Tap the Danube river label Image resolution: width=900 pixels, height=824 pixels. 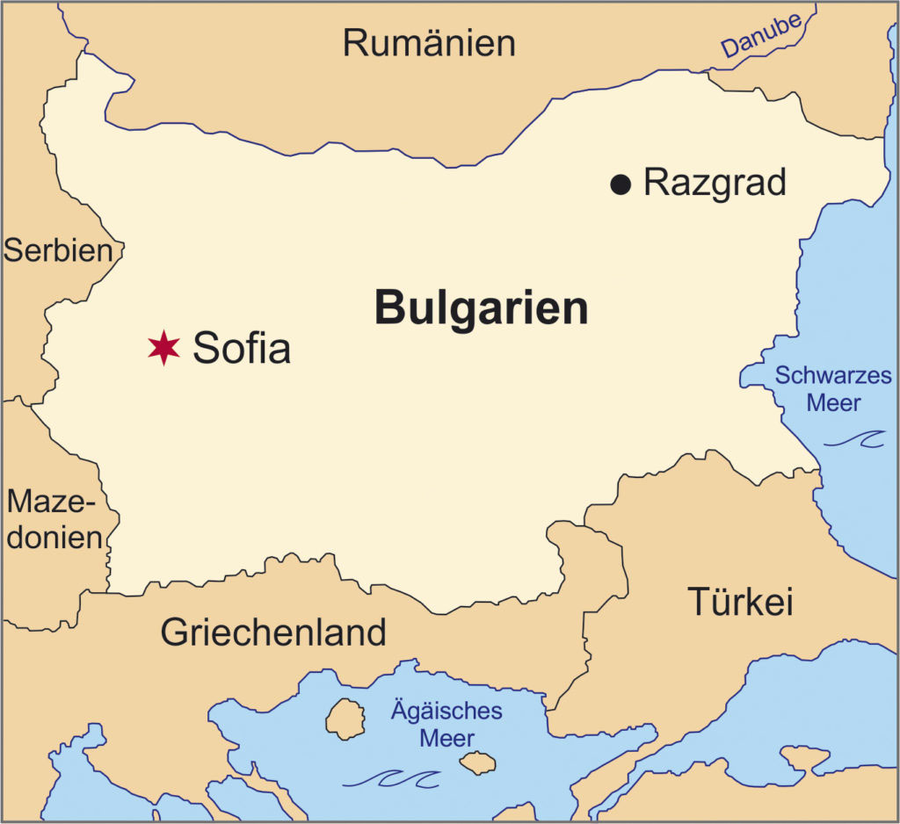tap(761, 38)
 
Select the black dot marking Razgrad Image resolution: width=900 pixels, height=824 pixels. tap(621, 184)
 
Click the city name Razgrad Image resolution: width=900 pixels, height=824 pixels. tap(715, 183)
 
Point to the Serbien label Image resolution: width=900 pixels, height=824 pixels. tap(58, 250)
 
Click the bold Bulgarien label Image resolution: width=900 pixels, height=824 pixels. tap(481, 308)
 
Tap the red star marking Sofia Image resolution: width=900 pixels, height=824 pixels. tap(163, 348)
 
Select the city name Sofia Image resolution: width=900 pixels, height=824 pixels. tap(242, 349)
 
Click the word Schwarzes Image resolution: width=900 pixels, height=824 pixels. tap(832, 377)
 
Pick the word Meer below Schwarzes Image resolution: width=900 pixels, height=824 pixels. tap(834, 403)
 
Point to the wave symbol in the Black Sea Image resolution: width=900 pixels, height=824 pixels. tap(856, 438)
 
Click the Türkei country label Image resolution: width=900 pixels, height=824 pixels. tap(740, 603)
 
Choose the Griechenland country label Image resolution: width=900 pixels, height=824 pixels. tap(272, 632)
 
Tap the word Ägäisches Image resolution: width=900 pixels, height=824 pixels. tap(446, 711)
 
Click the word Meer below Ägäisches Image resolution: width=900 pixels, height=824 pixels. tap(446, 738)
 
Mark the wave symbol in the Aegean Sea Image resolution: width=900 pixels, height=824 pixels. tap(392, 778)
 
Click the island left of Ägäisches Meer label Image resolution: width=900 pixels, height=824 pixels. tap(345, 719)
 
